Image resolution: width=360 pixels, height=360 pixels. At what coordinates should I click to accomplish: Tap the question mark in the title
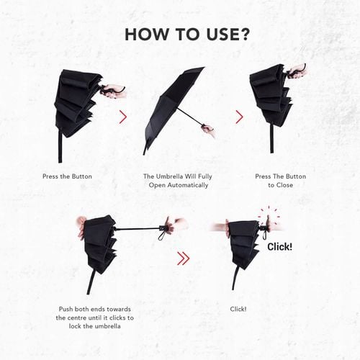coord(243,35)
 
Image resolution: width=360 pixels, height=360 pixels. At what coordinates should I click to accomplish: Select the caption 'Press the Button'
coord(67,176)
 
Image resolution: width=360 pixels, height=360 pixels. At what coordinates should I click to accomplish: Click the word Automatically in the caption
coord(188,185)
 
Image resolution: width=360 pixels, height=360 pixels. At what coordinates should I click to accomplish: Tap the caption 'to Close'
coord(280,185)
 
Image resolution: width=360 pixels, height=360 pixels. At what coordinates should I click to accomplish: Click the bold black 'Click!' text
coord(280,247)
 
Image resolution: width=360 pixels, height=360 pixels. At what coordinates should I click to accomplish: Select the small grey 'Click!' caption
coord(238,309)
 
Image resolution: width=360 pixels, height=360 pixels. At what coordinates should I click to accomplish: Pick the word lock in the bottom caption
coord(75,326)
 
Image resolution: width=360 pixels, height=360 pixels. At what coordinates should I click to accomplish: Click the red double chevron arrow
coord(184,258)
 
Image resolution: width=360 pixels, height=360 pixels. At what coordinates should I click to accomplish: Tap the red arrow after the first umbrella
coord(123,117)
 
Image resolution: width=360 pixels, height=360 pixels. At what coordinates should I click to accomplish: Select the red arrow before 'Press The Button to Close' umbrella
coord(240,117)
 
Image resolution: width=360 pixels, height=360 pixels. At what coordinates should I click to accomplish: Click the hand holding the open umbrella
coord(208,130)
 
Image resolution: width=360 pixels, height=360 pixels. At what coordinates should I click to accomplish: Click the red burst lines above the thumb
coord(269,215)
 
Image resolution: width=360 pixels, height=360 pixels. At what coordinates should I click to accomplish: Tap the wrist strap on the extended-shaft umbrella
coord(161,233)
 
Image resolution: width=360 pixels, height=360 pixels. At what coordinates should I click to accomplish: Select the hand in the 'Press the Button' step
coord(114,91)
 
